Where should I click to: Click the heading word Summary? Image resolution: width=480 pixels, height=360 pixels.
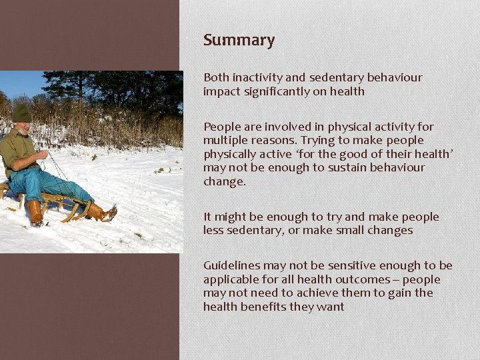point(239,41)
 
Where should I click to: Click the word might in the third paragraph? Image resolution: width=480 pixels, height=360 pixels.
point(231,217)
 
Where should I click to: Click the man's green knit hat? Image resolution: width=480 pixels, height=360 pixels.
point(21,114)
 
